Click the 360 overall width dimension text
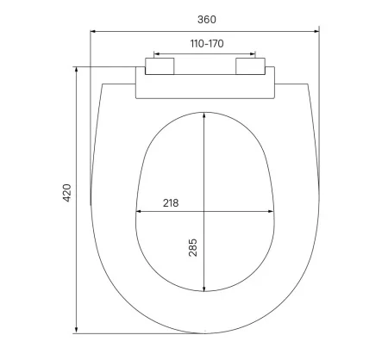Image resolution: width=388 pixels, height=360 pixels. click(204, 17)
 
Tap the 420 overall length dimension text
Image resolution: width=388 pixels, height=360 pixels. click(67, 194)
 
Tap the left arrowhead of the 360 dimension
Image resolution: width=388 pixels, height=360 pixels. click(95, 32)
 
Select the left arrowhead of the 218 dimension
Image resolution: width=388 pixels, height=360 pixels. click(139, 211)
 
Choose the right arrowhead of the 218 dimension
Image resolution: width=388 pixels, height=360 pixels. click(272, 211)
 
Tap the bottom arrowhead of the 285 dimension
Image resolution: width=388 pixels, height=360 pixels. click(204, 289)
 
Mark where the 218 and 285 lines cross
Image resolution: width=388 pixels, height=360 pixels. click(204, 211)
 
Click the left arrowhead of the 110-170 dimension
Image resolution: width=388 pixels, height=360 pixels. click(153, 54)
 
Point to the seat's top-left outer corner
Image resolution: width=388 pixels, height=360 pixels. click(103, 84)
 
